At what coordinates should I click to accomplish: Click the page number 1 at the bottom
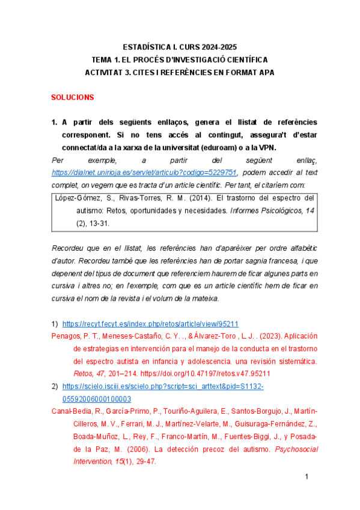click(x=307, y=477)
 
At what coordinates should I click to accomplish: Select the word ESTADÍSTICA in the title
click(x=148, y=47)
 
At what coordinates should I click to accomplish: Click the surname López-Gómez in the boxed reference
click(x=75, y=198)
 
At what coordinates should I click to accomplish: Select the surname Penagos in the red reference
click(x=66, y=336)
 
